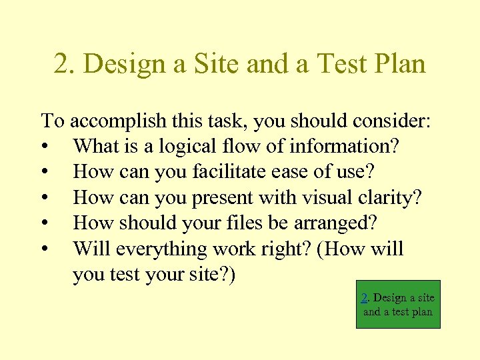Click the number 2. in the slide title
click(64, 64)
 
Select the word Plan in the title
click(398, 64)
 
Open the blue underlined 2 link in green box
click(365, 298)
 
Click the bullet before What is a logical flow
click(44, 147)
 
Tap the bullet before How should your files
click(44, 223)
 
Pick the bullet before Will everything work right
click(44, 249)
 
